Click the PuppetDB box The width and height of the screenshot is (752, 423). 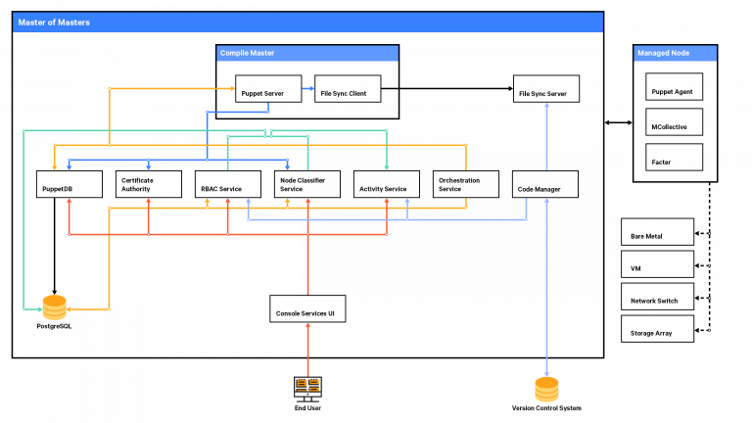(x=70, y=183)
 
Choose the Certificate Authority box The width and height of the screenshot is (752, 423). (x=149, y=183)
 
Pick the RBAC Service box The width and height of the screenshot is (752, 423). (x=227, y=183)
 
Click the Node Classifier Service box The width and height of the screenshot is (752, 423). (x=307, y=183)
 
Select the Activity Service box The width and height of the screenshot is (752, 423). (x=387, y=183)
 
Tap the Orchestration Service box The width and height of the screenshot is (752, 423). (x=466, y=183)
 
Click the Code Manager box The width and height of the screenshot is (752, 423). (x=546, y=183)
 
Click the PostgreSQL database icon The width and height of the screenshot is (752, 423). (x=55, y=306)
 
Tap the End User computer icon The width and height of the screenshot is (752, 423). (x=307, y=388)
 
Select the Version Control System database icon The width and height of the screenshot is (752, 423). (x=546, y=388)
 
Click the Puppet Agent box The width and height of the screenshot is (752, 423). (x=674, y=91)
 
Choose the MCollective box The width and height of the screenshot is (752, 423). (x=674, y=124)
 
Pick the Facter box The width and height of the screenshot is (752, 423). (x=674, y=157)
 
